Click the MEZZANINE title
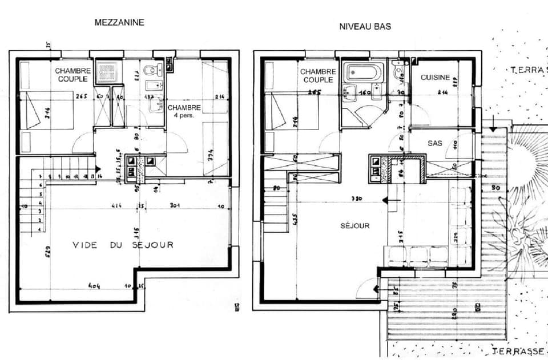coord(119,23)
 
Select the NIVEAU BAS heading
coord(365,26)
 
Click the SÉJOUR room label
coord(355,226)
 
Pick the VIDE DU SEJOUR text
coord(123,245)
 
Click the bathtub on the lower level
coord(363,73)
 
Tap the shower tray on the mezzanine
coord(106,71)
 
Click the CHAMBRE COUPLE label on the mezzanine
coord(72,75)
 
